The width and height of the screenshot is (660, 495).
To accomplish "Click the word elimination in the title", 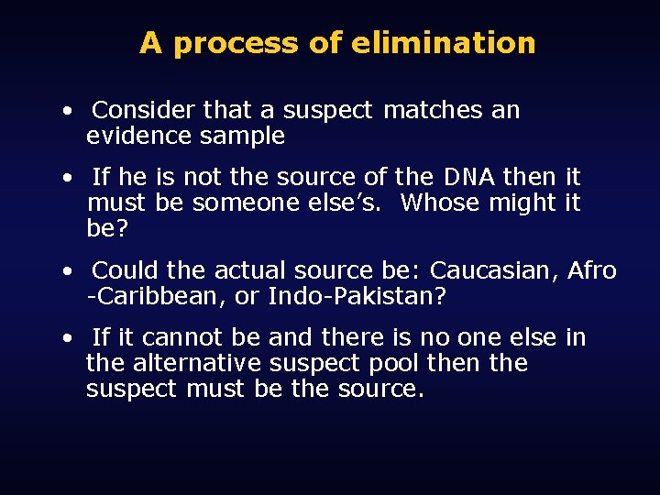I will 443,43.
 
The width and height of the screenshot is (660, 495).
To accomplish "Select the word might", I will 523,203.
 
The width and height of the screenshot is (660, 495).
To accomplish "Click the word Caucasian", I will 494,271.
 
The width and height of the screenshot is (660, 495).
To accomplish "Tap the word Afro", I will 592,271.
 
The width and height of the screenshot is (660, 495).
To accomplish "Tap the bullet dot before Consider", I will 69,113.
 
